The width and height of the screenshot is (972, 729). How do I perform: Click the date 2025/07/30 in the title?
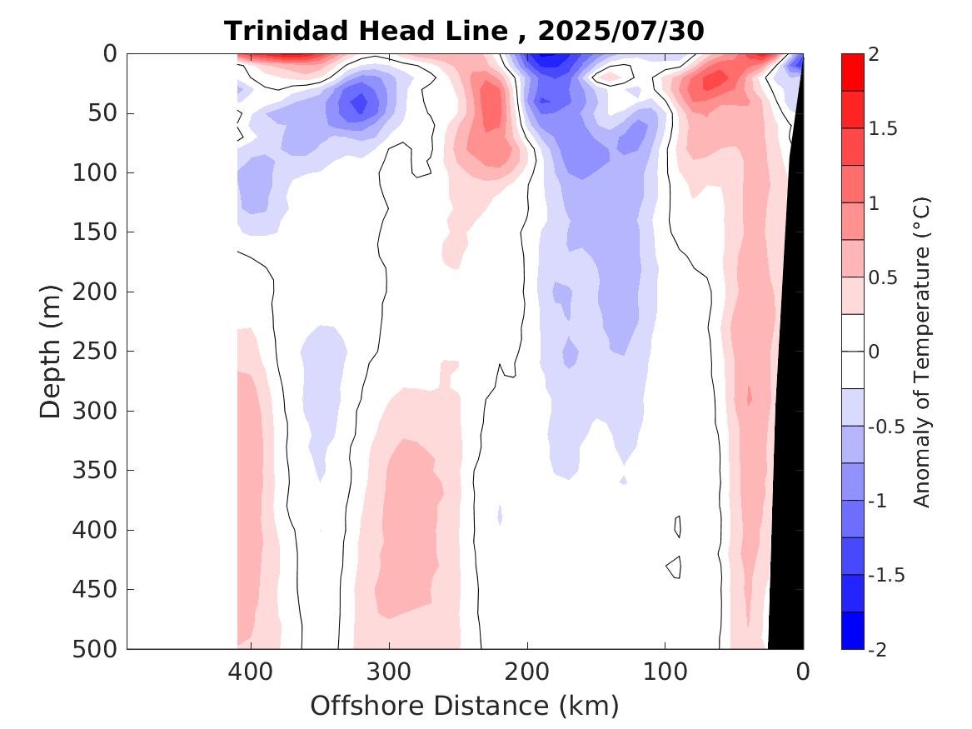pyautogui.click(x=621, y=31)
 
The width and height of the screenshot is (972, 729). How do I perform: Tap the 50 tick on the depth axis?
pyautogui.click(x=107, y=113)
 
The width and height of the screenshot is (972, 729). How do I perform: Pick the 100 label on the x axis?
pyautogui.click(x=665, y=671)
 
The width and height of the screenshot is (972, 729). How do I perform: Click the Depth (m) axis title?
pyautogui.click(x=52, y=351)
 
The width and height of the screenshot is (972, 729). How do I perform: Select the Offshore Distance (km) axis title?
pyautogui.click(x=465, y=706)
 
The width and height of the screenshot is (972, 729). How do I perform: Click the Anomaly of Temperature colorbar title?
pyautogui.click(x=921, y=351)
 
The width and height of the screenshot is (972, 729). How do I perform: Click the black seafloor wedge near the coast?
pyautogui.click(x=787, y=500)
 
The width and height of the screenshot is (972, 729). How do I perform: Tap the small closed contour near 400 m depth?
pyautogui.click(x=679, y=527)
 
